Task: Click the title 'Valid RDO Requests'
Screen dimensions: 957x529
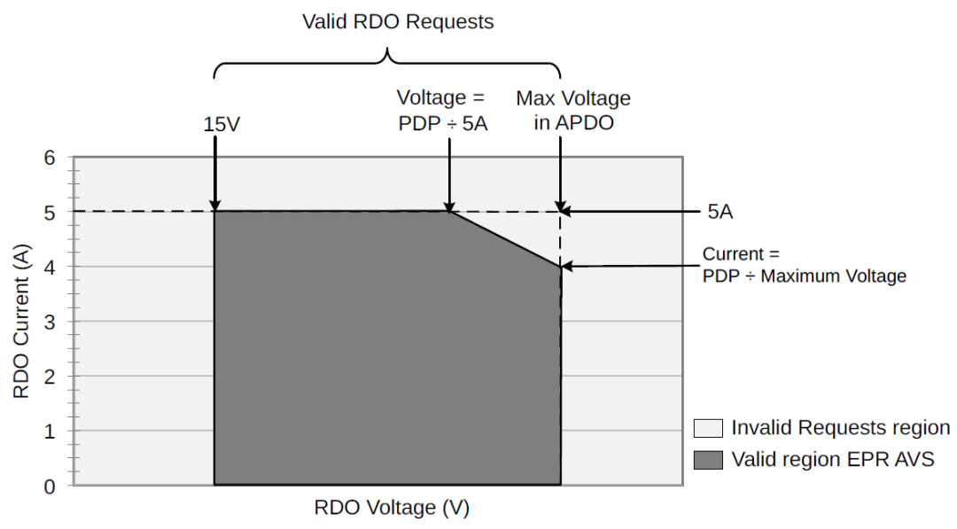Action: tap(398, 22)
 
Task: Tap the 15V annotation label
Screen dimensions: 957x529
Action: tap(222, 124)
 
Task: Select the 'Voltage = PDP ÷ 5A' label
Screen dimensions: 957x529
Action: tap(442, 111)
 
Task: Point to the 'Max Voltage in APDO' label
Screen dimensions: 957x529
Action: tap(573, 111)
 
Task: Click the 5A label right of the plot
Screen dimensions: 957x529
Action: tap(720, 212)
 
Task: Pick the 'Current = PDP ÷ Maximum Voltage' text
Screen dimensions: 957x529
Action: tap(804, 265)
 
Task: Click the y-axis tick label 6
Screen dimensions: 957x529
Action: tap(50, 158)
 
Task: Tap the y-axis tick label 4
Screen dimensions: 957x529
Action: tap(50, 268)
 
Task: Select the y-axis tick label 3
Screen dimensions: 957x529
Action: tap(50, 323)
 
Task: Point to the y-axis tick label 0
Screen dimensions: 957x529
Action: tap(50, 486)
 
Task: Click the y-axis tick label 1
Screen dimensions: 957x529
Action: tap(50, 432)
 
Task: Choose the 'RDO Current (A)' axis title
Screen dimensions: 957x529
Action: tap(21, 322)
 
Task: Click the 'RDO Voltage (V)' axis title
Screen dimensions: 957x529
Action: tap(392, 508)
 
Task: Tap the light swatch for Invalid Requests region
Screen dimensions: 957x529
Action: tap(708, 428)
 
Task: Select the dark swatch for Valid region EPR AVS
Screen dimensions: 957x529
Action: tap(708, 460)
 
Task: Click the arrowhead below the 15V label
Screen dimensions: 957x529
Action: tap(214, 206)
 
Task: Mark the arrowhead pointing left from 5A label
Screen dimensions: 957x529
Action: tap(567, 212)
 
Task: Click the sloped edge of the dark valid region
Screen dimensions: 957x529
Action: tap(505, 238)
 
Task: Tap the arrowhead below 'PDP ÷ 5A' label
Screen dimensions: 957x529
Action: tap(449, 206)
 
